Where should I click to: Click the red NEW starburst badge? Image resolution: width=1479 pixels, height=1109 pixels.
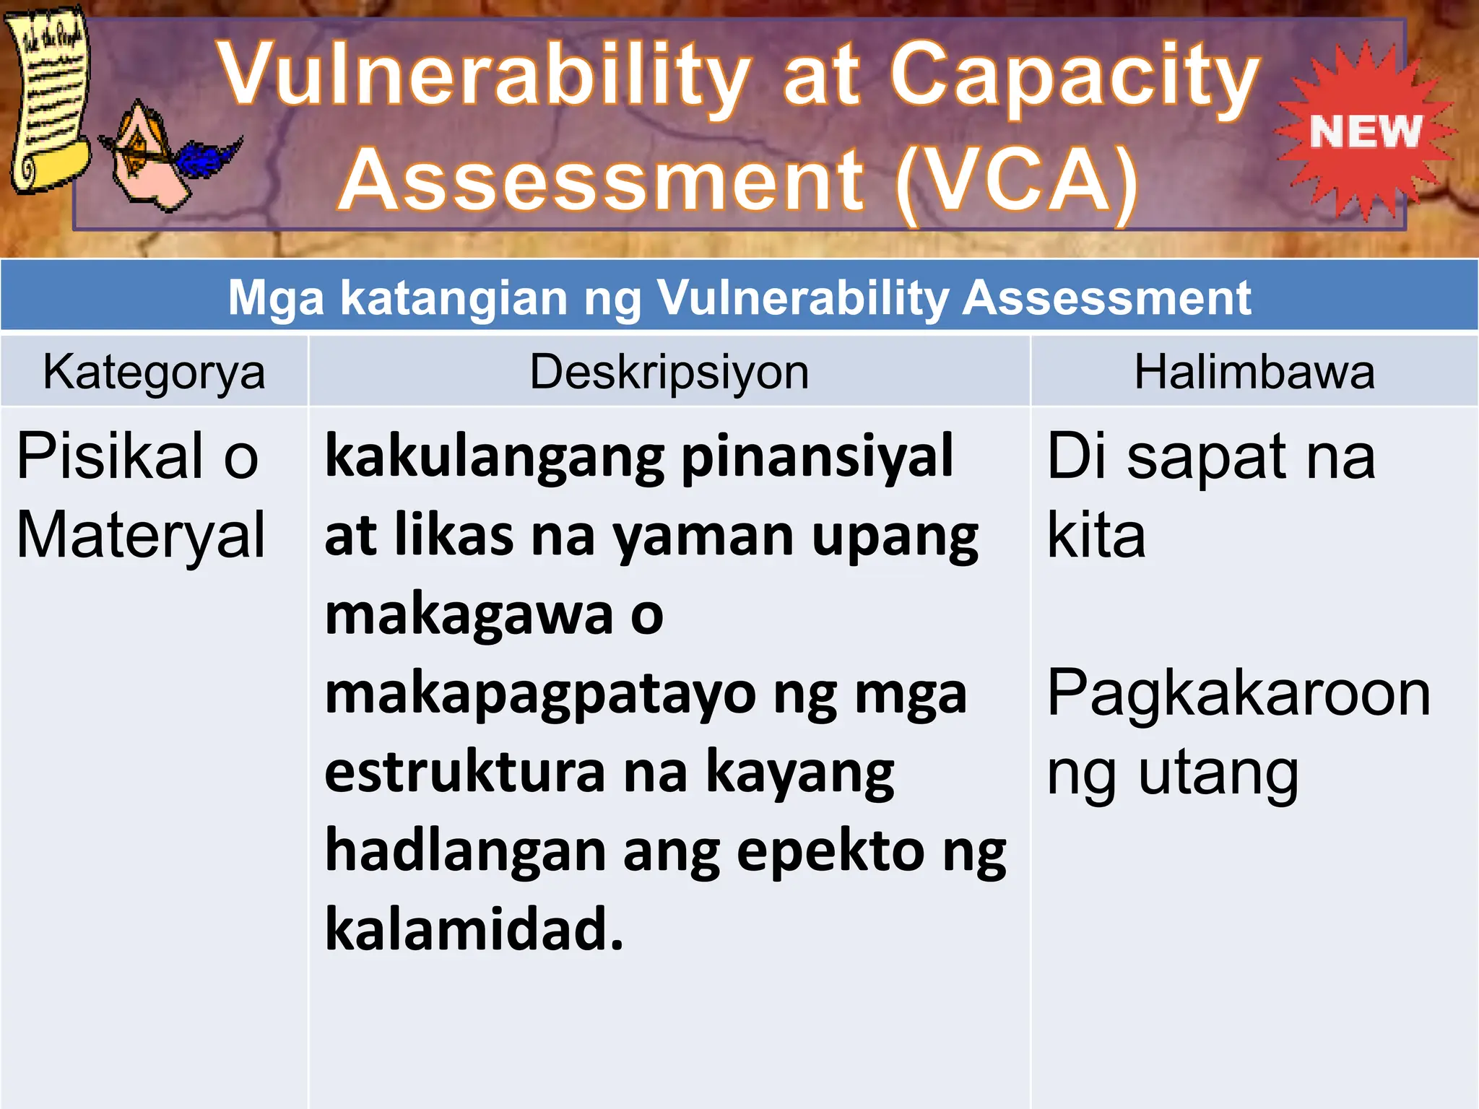(1364, 131)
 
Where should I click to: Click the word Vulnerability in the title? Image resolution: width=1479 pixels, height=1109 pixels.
(485, 77)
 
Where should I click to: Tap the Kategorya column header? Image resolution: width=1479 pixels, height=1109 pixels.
(154, 373)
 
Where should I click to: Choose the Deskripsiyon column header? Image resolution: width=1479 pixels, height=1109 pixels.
(669, 373)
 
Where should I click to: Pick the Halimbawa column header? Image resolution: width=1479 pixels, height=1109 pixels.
(1254, 373)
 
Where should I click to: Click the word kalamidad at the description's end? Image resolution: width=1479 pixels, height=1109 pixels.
(474, 930)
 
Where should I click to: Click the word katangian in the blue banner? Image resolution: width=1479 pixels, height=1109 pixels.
(454, 297)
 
